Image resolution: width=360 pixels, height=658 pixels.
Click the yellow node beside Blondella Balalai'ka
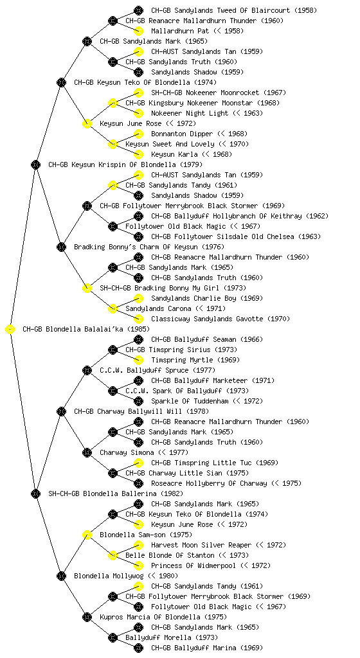[x=10, y=330]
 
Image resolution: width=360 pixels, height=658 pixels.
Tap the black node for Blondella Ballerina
[x=35, y=494]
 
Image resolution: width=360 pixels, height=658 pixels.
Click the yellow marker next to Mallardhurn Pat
[x=138, y=31]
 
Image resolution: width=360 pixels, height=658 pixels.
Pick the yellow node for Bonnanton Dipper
[x=138, y=134]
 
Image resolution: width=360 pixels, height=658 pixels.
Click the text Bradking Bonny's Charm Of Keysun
[x=149, y=247]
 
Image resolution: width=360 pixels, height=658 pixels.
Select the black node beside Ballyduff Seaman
[x=138, y=339]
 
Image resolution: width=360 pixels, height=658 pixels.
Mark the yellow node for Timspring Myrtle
[x=138, y=360]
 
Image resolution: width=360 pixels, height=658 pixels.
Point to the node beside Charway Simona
[x=87, y=453]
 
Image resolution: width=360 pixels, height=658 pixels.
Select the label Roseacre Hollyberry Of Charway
[x=226, y=483]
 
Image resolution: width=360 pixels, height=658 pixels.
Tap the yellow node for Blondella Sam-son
[x=87, y=535]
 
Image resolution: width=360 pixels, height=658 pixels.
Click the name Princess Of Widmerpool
[x=211, y=565]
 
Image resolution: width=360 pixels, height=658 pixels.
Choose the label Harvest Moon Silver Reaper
[x=218, y=545]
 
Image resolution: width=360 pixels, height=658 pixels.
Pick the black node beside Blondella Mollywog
[x=61, y=576]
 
